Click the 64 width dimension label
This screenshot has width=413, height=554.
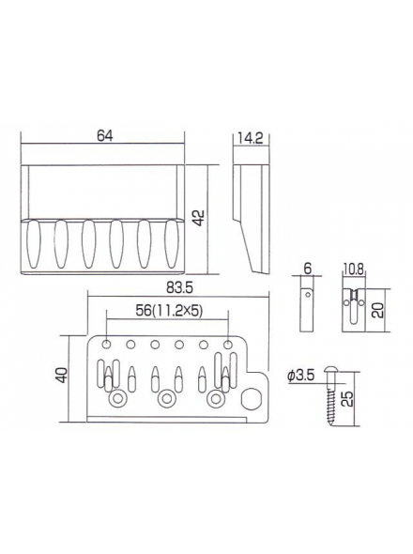[104, 136]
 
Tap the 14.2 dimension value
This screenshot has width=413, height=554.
[250, 139]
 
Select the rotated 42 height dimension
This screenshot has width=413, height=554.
[199, 218]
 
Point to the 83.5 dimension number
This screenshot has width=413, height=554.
[178, 288]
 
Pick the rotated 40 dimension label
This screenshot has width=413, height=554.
[62, 376]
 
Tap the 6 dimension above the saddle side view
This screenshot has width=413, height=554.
[307, 269]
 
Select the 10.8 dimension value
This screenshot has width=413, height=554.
[353, 269]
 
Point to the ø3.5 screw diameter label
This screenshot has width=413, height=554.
[301, 376]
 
